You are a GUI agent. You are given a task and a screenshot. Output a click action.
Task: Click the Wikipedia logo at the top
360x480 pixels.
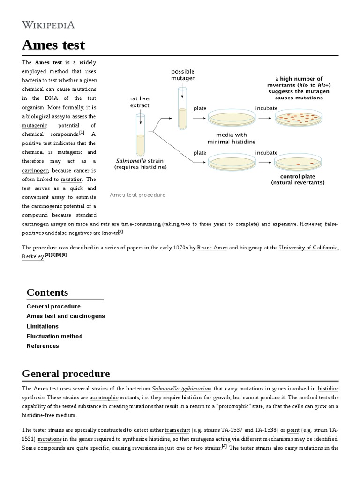[48, 25]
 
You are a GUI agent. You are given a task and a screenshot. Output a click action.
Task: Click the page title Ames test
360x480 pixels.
[54, 45]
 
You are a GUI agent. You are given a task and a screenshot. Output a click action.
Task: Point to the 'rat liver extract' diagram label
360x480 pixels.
[141, 102]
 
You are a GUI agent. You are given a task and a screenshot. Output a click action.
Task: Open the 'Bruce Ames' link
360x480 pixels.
[212, 247]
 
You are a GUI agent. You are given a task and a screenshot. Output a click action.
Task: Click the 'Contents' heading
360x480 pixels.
[47, 292]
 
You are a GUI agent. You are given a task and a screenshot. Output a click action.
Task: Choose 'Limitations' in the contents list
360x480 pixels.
[43, 326]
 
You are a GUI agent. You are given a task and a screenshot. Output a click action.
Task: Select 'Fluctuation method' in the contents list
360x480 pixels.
[54, 336]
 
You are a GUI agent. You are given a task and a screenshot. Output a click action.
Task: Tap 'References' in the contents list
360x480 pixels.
[43, 346]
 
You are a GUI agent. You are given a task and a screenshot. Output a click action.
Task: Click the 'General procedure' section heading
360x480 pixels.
[66, 374]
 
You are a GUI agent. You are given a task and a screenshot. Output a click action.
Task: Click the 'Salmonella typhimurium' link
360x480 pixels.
[182, 389]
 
